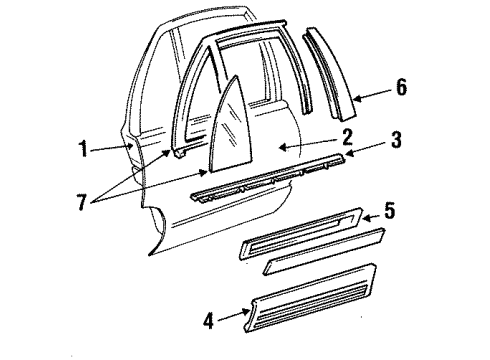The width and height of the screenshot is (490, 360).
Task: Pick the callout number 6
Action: (x=401, y=88)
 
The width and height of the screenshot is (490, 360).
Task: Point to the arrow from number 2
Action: (x=294, y=145)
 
